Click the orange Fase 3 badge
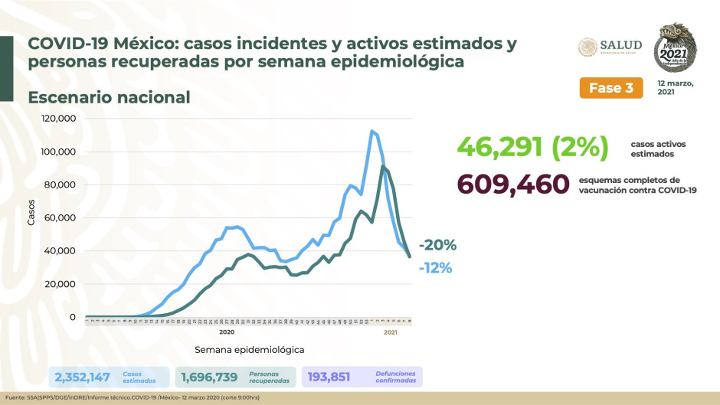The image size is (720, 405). [x=610, y=87]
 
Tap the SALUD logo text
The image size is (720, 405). [x=620, y=46]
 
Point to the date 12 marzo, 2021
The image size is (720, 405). [x=675, y=87]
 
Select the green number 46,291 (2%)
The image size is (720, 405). [x=532, y=145]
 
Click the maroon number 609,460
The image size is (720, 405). [x=513, y=185]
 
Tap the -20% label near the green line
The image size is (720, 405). [x=437, y=245]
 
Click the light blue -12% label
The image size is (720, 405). [x=435, y=268]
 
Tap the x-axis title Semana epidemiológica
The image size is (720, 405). [x=249, y=349]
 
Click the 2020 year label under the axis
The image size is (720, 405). [x=226, y=332]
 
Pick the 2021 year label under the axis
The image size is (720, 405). [x=390, y=332]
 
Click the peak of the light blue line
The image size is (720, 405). [x=371, y=131]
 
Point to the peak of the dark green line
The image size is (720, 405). [x=383, y=166]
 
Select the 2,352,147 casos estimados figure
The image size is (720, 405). [x=82, y=377]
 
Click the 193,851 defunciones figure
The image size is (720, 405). [x=333, y=377]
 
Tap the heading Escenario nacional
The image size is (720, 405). [x=109, y=98]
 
